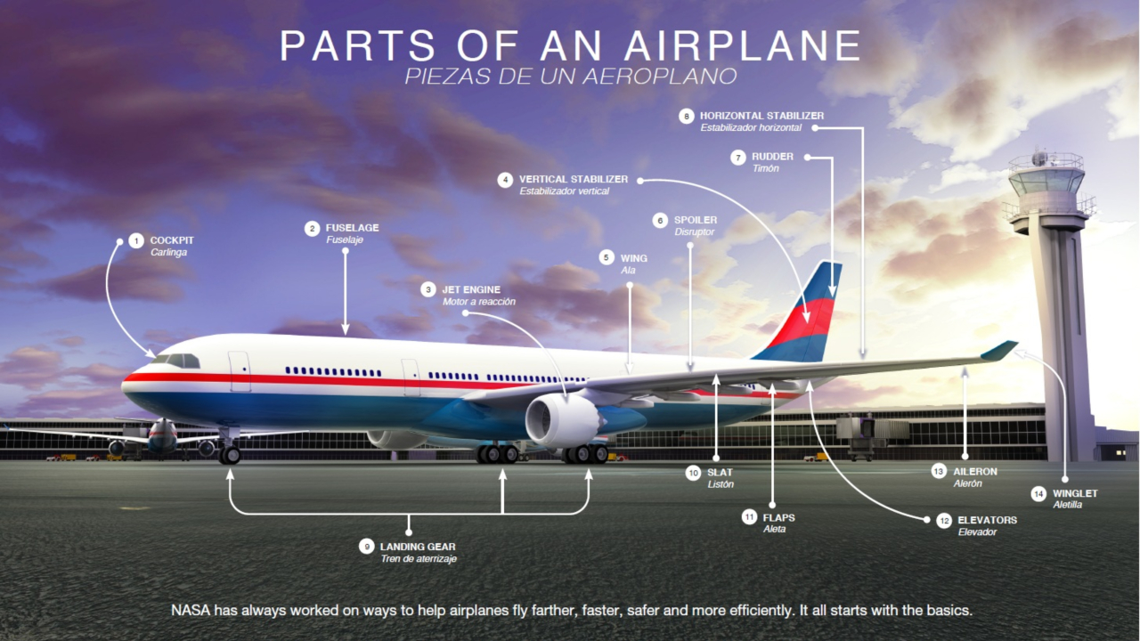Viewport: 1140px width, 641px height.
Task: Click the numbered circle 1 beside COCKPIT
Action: (135, 240)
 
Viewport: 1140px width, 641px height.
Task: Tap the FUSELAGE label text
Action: (352, 228)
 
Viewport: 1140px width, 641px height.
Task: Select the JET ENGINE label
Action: (471, 289)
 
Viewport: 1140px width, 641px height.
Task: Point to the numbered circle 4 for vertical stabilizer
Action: (505, 180)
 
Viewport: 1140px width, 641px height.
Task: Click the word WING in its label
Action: (634, 258)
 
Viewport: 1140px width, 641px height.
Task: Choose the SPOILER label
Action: (696, 220)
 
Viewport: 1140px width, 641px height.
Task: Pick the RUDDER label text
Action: (772, 157)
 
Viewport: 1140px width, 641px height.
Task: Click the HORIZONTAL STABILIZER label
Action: (761, 116)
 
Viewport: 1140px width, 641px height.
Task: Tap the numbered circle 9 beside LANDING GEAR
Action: (366, 546)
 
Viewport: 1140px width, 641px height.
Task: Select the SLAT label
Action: (720, 473)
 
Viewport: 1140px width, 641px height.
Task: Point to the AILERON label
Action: (975, 471)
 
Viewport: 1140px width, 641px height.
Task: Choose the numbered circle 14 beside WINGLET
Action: (1038, 493)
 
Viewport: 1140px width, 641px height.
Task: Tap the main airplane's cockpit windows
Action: (178, 361)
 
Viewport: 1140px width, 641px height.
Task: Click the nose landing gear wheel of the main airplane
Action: (230, 455)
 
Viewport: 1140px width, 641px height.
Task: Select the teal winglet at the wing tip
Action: (1000, 350)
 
